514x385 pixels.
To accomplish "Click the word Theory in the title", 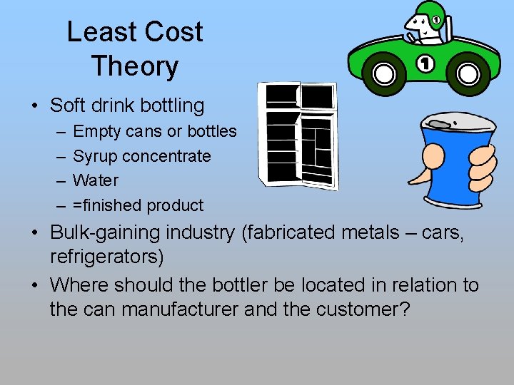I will [x=134, y=66].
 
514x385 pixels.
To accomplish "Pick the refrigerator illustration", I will [x=298, y=135].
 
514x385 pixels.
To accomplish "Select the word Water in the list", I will [x=96, y=180].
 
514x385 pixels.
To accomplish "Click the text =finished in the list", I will [x=107, y=205].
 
